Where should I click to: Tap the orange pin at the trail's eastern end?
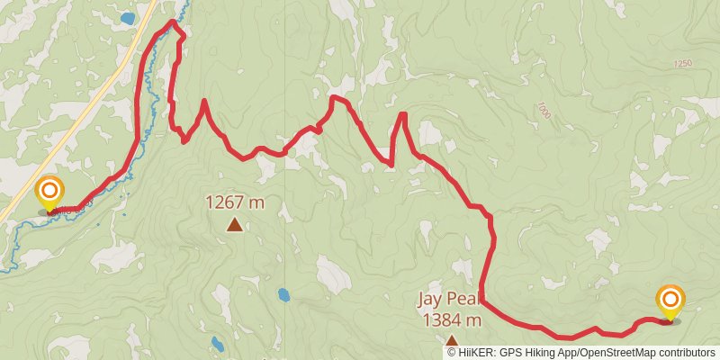(x=670, y=301)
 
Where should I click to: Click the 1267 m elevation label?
(x=235, y=202)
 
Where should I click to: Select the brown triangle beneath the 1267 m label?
(x=235, y=225)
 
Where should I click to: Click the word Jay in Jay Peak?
(x=429, y=299)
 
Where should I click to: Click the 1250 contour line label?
(x=681, y=64)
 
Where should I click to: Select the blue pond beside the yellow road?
(x=127, y=18)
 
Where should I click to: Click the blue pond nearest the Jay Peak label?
(x=284, y=294)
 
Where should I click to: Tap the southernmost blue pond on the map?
(x=218, y=343)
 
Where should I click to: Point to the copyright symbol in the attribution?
(x=452, y=353)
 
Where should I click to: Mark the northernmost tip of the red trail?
(x=172, y=21)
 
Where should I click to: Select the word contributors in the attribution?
(x=684, y=353)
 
